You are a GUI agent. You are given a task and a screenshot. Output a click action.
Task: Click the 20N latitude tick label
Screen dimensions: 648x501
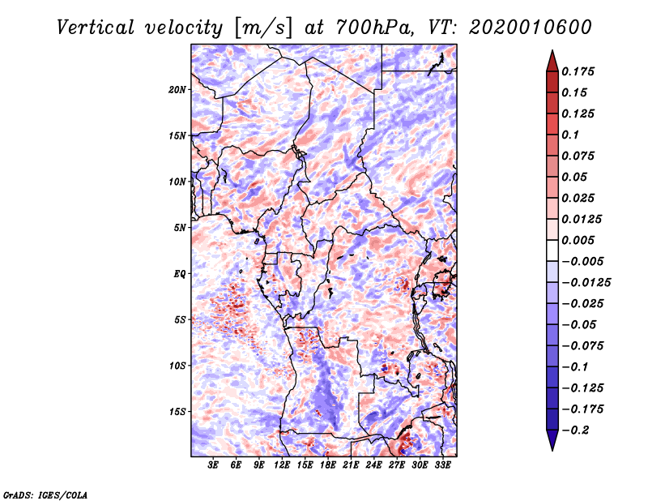click(x=177, y=90)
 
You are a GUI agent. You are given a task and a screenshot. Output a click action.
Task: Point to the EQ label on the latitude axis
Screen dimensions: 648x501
click(x=180, y=274)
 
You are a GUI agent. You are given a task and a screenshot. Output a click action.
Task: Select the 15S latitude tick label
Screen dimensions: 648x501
click(x=177, y=412)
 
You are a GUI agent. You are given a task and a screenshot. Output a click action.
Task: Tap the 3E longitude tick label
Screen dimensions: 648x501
click(x=213, y=465)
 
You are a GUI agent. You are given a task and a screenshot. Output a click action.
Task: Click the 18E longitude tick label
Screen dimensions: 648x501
click(x=328, y=465)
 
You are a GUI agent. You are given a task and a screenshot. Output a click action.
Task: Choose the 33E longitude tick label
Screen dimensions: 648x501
click(x=442, y=465)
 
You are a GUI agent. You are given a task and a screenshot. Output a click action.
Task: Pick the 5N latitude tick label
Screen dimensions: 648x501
click(x=180, y=228)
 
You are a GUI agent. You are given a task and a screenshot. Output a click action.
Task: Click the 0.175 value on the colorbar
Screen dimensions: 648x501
click(x=578, y=71)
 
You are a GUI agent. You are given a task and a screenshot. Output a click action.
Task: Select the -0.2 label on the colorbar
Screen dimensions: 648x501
click(x=575, y=430)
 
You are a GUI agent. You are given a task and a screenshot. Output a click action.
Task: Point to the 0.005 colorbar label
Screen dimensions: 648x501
click(x=578, y=240)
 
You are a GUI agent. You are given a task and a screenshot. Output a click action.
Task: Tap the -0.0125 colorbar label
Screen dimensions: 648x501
click(x=586, y=283)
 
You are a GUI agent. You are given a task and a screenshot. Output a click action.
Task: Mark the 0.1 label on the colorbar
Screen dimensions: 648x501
click(x=570, y=135)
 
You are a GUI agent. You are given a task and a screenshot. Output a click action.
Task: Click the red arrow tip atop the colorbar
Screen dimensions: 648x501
click(x=552, y=51)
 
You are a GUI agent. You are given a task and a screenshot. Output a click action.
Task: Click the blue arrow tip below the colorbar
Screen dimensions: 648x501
click(x=552, y=450)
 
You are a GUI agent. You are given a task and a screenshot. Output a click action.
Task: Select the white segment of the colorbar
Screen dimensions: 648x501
click(x=552, y=250)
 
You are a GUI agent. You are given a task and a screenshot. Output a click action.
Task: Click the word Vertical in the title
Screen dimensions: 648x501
click(x=96, y=28)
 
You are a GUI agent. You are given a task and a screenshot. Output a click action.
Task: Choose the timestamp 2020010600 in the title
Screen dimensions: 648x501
click(x=530, y=28)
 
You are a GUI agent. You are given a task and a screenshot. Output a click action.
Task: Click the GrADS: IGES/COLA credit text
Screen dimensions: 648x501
click(x=45, y=495)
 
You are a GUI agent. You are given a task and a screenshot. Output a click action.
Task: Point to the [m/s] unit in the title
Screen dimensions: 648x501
click(x=263, y=28)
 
